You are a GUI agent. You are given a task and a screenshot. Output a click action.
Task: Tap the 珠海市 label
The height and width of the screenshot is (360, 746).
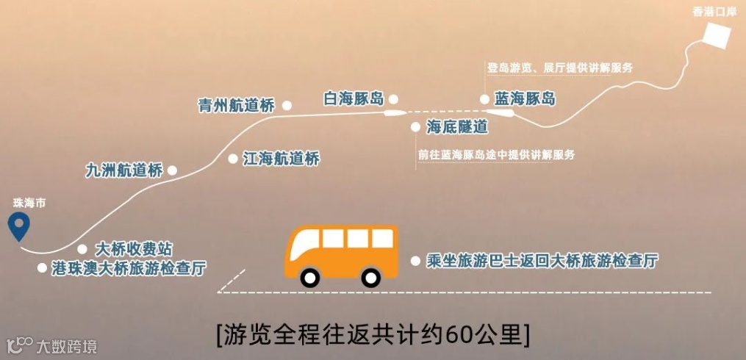(x=29, y=203)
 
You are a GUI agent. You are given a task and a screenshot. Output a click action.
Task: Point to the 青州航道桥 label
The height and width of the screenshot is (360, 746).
(x=236, y=106)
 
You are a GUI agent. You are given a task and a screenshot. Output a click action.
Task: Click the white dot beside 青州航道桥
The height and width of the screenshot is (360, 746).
(x=287, y=106)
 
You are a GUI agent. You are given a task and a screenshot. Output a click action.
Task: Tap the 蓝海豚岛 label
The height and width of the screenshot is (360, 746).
(x=525, y=98)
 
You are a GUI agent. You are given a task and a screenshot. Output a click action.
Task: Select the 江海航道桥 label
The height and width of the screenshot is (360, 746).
(x=281, y=158)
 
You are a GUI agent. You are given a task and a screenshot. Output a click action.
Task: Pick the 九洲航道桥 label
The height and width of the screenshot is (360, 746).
(x=123, y=170)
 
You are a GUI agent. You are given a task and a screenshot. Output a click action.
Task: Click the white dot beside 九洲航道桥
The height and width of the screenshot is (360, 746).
(x=172, y=170)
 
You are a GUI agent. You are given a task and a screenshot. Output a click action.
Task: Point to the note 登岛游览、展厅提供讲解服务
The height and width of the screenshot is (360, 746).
(x=559, y=68)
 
